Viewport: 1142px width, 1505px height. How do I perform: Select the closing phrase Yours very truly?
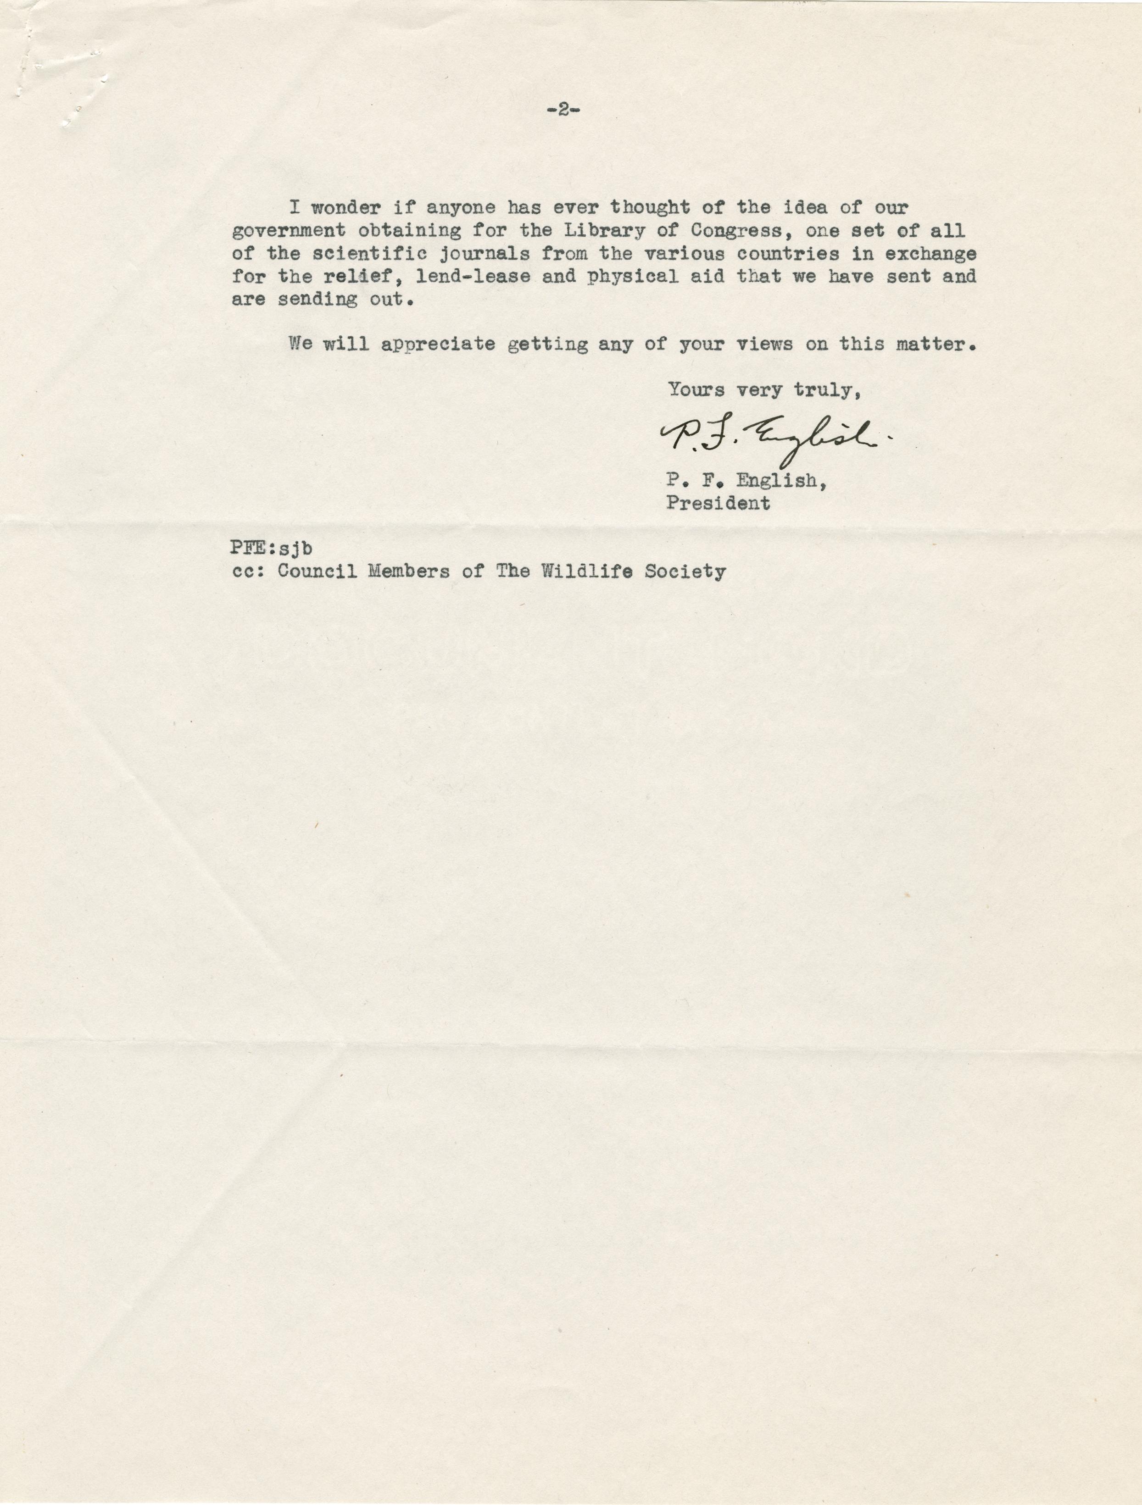coord(760,390)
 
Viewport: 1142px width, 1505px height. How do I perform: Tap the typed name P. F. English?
coord(746,481)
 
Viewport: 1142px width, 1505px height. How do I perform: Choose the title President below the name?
coord(718,504)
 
